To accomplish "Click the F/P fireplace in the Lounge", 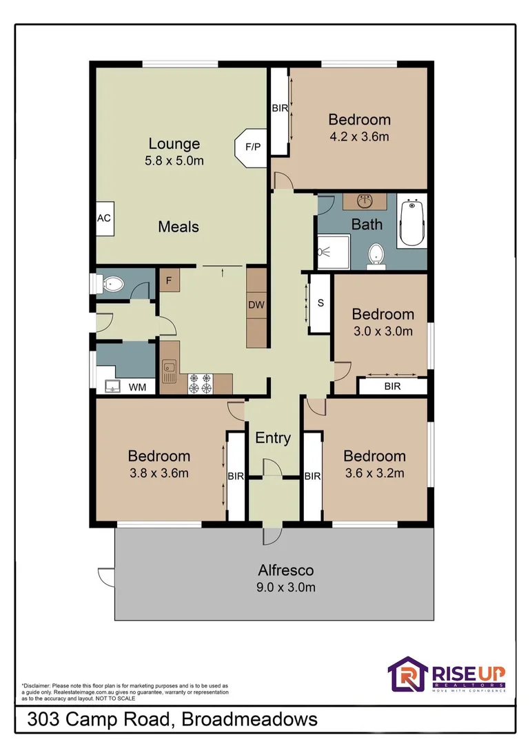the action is [252, 147].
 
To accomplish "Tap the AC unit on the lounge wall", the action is [105, 218].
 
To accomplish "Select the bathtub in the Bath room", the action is [411, 223].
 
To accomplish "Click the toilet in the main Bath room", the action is [376, 256].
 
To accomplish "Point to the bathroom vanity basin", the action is [365, 202].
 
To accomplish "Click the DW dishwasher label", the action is [256, 304].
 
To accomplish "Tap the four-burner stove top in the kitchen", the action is [200, 384].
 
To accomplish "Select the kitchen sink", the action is [169, 371].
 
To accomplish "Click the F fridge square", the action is [169, 281].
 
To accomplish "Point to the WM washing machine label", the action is [137, 387].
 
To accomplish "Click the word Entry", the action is [273, 437].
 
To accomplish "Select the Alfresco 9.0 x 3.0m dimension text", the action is [286, 587].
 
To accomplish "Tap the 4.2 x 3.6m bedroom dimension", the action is [360, 136].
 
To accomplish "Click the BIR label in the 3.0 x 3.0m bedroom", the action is [392, 386].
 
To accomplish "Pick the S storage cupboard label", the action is [320, 302].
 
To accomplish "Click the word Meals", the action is [179, 227].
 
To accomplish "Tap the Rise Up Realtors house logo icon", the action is [407, 674].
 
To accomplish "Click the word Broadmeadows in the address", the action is [249, 719].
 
